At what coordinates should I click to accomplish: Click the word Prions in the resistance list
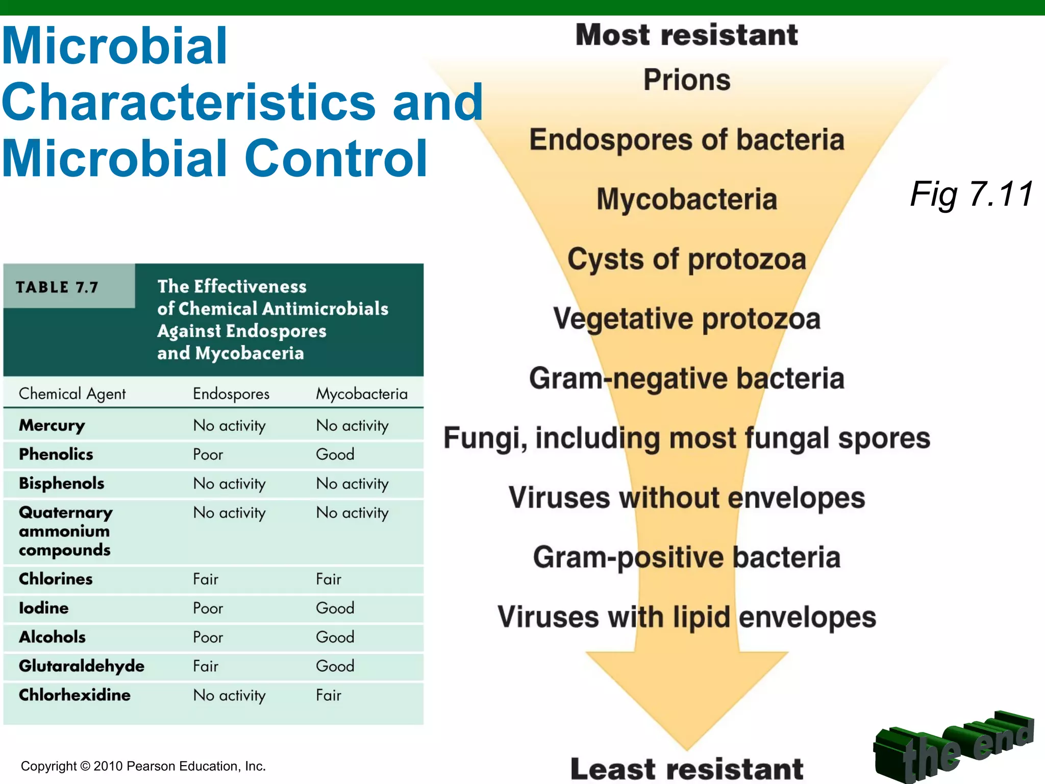point(687,80)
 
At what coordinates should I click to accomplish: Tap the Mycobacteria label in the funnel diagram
point(687,199)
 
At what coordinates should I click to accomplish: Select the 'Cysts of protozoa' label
point(687,259)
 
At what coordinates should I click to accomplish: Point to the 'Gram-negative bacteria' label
point(687,379)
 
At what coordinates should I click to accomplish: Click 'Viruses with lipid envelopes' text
point(687,617)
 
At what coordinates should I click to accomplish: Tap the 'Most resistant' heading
point(687,35)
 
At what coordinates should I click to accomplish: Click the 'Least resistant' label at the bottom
point(687,769)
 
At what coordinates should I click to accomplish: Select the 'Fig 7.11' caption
point(972,194)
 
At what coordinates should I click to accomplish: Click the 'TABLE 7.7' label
point(57,287)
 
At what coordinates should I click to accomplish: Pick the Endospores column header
point(231,394)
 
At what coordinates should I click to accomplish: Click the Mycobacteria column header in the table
point(362,394)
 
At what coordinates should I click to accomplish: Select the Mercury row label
point(52,425)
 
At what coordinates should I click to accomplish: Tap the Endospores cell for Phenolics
point(208,454)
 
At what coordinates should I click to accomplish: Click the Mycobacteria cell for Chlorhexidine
point(329,695)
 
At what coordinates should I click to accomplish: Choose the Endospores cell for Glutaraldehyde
point(206,666)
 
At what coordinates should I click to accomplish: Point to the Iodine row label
point(44,608)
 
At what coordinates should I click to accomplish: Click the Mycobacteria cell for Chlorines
point(329,579)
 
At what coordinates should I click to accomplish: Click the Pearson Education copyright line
point(143,766)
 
